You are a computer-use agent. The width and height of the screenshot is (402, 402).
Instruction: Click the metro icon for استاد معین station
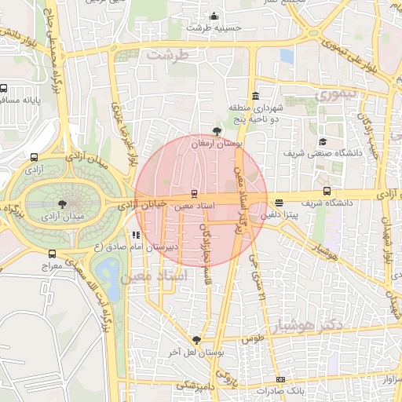[x=194, y=193]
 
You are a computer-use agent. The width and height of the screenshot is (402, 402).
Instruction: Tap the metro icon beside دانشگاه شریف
[x=327, y=191]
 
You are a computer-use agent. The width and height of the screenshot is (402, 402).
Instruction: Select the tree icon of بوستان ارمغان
[x=217, y=132]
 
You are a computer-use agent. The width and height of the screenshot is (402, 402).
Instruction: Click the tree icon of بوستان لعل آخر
[x=196, y=340]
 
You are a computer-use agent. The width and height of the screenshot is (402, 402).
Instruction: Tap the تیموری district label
[x=336, y=93]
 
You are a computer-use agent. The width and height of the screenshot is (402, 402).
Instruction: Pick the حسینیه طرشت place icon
[x=214, y=16]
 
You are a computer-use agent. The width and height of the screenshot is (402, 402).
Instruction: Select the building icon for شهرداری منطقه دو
[x=255, y=96]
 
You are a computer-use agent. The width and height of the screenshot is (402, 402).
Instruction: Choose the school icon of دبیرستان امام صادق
[x=137, y=234]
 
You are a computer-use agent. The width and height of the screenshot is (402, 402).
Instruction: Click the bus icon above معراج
[x=52, y=254]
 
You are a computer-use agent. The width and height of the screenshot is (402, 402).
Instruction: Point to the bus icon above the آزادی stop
[x=33, y=156]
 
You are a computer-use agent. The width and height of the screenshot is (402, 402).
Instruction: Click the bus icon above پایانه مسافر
[x=4, y=89]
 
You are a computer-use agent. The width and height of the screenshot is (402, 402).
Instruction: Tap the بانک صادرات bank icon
[x=280, y=379]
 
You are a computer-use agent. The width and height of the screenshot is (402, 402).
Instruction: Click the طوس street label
[x=252, y=339]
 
